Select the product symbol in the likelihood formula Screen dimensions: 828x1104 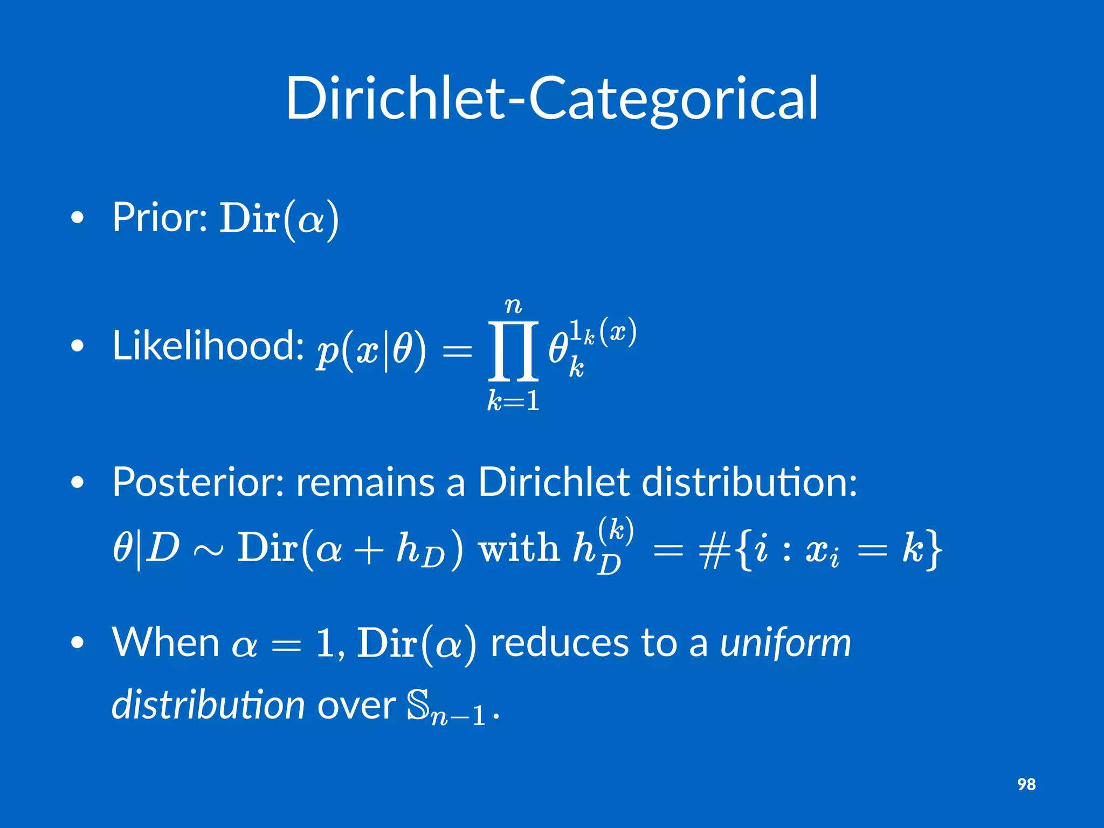[513, 350]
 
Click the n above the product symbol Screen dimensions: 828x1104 [513, 306]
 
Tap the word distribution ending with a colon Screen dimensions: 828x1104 [749, 481]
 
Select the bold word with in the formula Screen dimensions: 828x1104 [519, 548]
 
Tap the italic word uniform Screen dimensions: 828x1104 [785, 643]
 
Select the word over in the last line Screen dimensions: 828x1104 [356, 706]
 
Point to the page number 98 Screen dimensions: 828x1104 [1026, 784]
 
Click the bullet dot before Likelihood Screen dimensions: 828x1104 [78, 346]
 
